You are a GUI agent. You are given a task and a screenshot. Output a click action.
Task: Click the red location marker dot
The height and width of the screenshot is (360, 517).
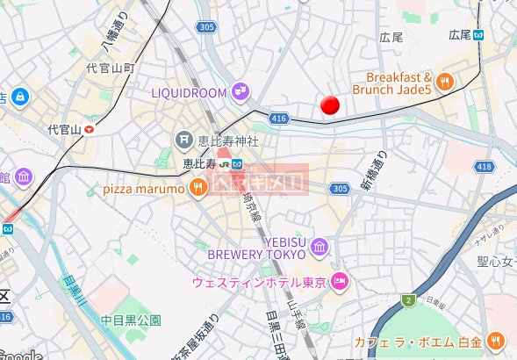tap(330, 105)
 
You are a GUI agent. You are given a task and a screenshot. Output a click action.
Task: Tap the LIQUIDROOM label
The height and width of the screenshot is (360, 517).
tap(190, 91)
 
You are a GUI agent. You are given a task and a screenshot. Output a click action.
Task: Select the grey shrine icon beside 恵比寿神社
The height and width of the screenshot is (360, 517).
tap(183, 139)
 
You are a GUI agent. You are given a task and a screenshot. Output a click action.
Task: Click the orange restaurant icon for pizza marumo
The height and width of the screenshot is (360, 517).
tap(199, 187)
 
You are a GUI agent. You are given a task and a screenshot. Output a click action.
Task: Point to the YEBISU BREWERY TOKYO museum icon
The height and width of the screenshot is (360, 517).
tap(319, 248)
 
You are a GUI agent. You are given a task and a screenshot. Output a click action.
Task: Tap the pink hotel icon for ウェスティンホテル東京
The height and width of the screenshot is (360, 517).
tap(341, 282)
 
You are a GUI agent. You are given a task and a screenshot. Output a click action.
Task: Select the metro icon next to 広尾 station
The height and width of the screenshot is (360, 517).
tap(479, 35)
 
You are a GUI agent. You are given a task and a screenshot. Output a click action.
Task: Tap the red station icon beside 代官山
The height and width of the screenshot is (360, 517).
tap(89, 129)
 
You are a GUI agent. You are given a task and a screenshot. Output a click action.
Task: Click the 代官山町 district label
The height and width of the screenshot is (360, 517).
tap(110, 68)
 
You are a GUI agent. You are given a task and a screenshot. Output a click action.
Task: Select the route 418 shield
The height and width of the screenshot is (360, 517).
tap(484, 166)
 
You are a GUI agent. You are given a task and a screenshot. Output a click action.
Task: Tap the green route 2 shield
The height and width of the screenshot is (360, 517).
tap(408, 301)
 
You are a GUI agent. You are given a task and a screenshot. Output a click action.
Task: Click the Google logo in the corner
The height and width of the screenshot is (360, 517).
tap(21, 355)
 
